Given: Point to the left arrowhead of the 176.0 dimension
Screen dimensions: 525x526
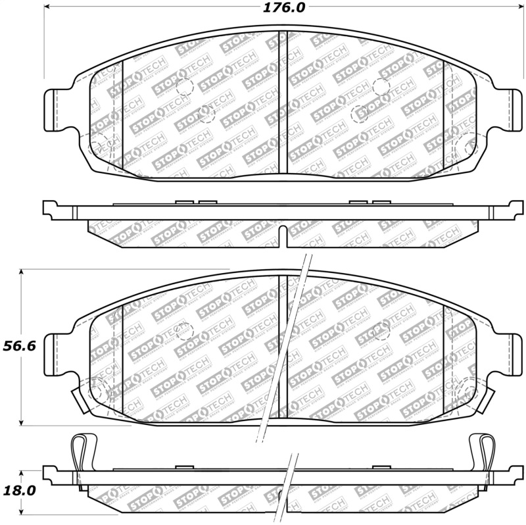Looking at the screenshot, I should click(47, 9).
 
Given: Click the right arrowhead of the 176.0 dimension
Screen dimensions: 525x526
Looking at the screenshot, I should click(511, 9).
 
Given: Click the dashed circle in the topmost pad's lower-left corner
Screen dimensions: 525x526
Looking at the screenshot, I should click(99, 145).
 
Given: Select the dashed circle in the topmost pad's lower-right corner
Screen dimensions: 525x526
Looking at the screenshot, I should click(464, 145).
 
